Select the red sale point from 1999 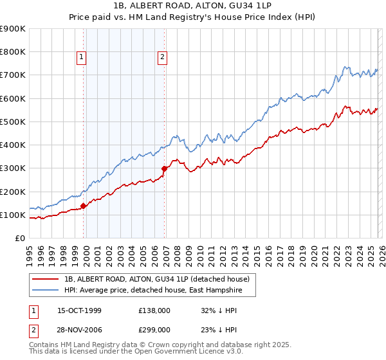pos(84,206)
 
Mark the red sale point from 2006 pos(165,168)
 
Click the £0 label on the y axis pos(19,238)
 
